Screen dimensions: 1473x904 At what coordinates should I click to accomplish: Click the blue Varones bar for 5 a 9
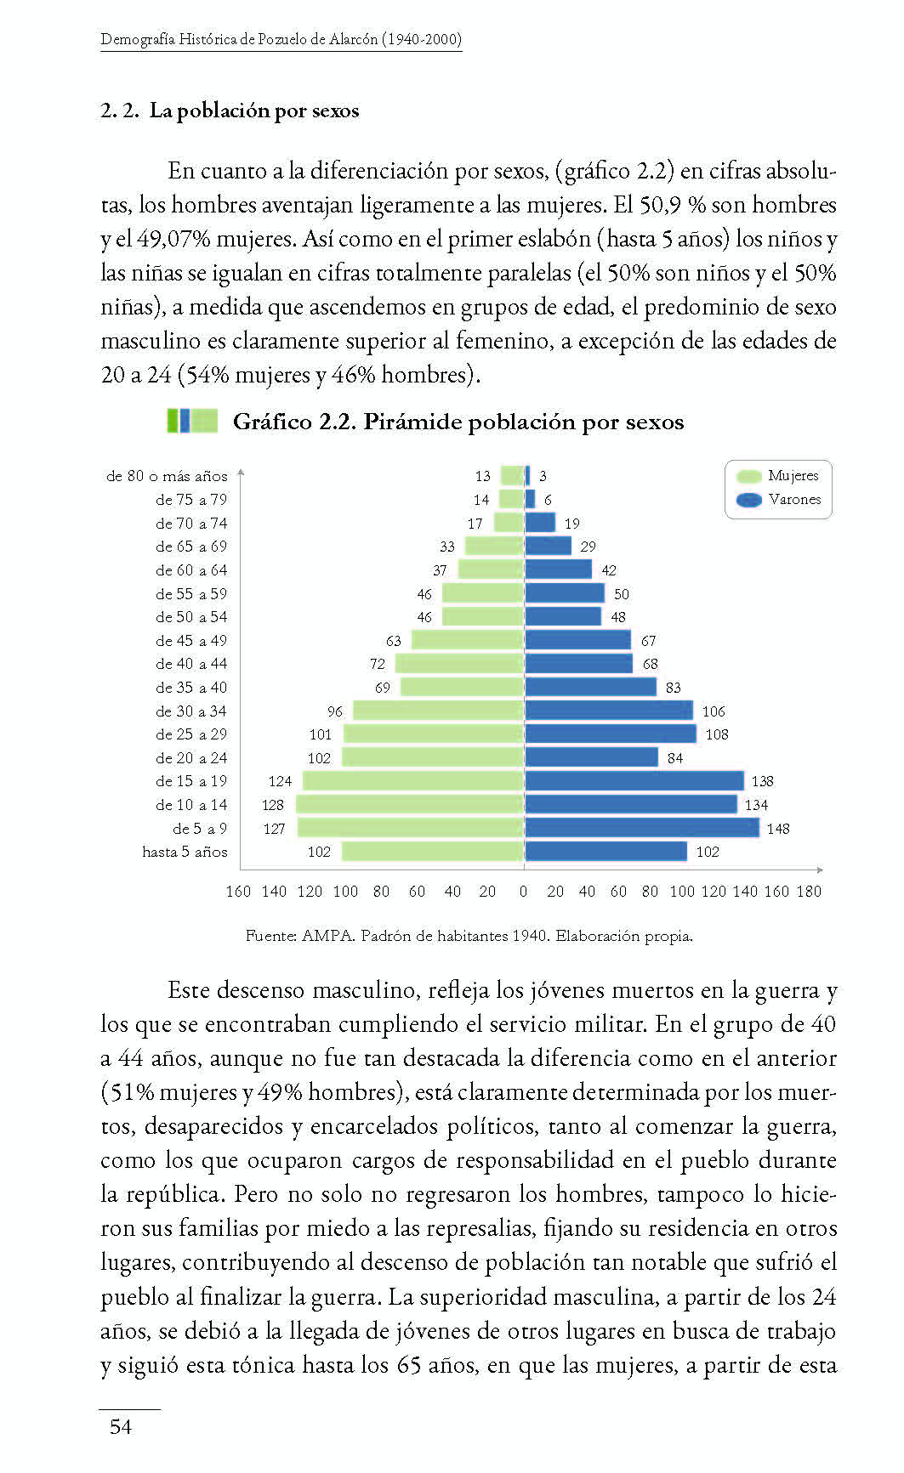click(x=641, y=828)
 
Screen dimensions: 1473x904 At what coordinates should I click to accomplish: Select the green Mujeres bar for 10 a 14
click(x=409, y=804)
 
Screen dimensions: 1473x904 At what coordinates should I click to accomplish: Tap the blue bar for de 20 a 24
click(x=592, y=757)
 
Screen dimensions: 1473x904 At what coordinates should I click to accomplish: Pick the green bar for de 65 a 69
click(x=493, y=547)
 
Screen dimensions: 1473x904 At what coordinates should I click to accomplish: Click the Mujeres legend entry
click(x=778, y=476)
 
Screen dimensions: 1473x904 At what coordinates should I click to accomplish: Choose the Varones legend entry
click(x=778, y=500)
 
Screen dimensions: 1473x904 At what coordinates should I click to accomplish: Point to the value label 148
click(x=778, y=829)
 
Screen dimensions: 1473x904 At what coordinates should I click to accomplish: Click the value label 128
click(x=273, y=805)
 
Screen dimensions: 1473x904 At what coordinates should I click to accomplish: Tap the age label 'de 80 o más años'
click(x=167, y=476)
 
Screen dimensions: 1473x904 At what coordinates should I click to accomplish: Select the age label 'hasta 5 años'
click(x=185, y=852)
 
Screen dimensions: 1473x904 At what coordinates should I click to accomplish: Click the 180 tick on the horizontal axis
click(x=810, y=892)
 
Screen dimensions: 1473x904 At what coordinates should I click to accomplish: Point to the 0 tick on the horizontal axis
click(x=523, y=892)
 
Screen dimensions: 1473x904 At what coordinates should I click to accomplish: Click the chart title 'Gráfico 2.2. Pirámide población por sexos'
click(x=458, y=422)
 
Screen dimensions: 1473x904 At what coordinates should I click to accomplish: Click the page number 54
click(x=121, y=1427)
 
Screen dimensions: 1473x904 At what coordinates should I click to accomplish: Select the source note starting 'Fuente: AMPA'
click(x=469, y=936)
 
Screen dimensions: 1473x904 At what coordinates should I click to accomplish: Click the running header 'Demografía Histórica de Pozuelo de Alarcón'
click(x=281, y=39)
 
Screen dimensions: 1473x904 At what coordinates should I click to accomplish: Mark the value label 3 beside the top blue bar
click(x=543, y=476)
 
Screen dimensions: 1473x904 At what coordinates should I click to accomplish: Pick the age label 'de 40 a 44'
click(x=191, y=664)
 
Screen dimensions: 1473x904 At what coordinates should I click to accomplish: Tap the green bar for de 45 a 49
click(x=467, y=640)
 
